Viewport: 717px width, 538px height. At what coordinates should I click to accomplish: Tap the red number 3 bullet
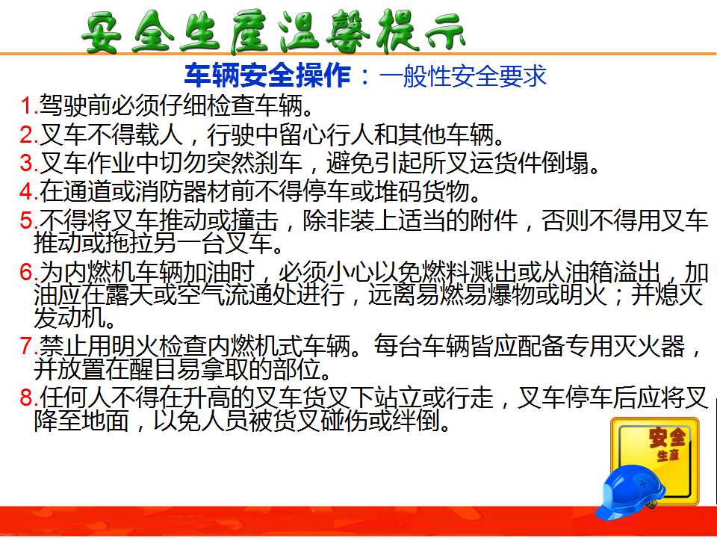27,162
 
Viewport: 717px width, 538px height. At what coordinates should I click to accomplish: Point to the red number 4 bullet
27,191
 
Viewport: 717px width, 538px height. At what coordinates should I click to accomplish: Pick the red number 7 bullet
27,346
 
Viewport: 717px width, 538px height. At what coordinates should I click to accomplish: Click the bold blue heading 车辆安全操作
267,76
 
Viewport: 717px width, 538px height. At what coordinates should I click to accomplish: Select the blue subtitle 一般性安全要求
463,76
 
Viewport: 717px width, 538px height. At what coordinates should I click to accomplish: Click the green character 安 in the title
102,33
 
